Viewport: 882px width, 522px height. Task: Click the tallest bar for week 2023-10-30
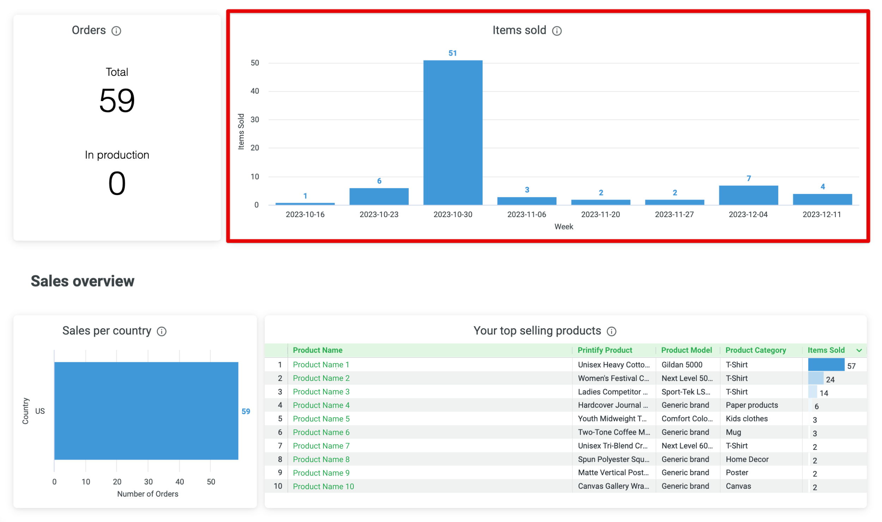click(452, 132)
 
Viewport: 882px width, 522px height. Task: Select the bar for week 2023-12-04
click(748, 195)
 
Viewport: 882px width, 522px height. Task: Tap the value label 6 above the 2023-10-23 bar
click(379, 181)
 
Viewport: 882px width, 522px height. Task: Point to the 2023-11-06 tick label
click(526, 214)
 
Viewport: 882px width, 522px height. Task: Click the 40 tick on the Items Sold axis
click(255, 91)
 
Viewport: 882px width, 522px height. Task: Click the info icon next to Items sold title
click(556, 31)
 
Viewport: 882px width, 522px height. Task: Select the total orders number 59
click(117, 101)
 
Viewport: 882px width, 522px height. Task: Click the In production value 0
click(117, 183)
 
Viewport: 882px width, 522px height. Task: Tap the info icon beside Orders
click(116, 31)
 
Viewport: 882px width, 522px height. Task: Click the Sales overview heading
click(83, 281)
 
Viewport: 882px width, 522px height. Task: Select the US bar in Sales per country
click(146, 411)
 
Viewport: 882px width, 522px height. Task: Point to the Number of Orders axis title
click(147, 494)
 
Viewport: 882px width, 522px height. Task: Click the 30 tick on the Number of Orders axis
click(148, 482)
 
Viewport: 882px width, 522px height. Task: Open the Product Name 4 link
click(321, 405)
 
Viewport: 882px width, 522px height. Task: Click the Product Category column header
click(755, 350)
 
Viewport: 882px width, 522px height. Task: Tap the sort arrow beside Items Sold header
click(859, 350)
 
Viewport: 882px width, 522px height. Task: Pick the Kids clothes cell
click(746, 419)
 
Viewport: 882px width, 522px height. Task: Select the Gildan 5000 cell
click(681, 365)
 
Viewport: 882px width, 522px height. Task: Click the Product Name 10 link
click(323, 486)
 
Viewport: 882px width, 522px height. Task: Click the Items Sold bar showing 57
click(826, 365)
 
